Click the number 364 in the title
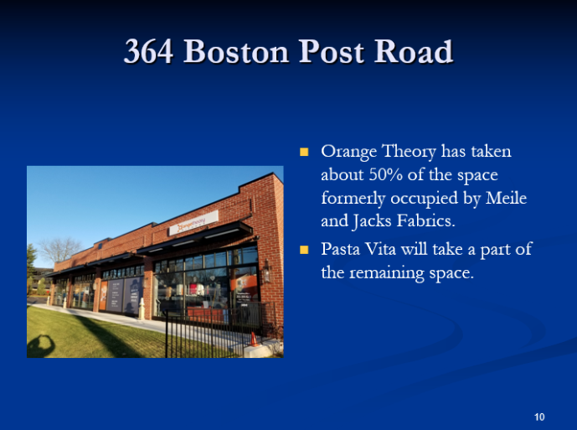(149, 51)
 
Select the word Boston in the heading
(236, 51)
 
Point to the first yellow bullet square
(304, 152)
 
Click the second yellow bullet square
(304, 250)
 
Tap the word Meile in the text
(507, 198)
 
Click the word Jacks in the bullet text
(372, 221)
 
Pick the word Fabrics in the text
(425, 220)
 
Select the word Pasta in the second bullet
(340, 249)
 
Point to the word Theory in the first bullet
(409, 152)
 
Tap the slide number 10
(539, 417)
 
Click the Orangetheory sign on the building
(193, 223)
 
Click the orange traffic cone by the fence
(254, 339)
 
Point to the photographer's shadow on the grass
(41, 346)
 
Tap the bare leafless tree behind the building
(60, 249)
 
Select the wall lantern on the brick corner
(266, 271)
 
